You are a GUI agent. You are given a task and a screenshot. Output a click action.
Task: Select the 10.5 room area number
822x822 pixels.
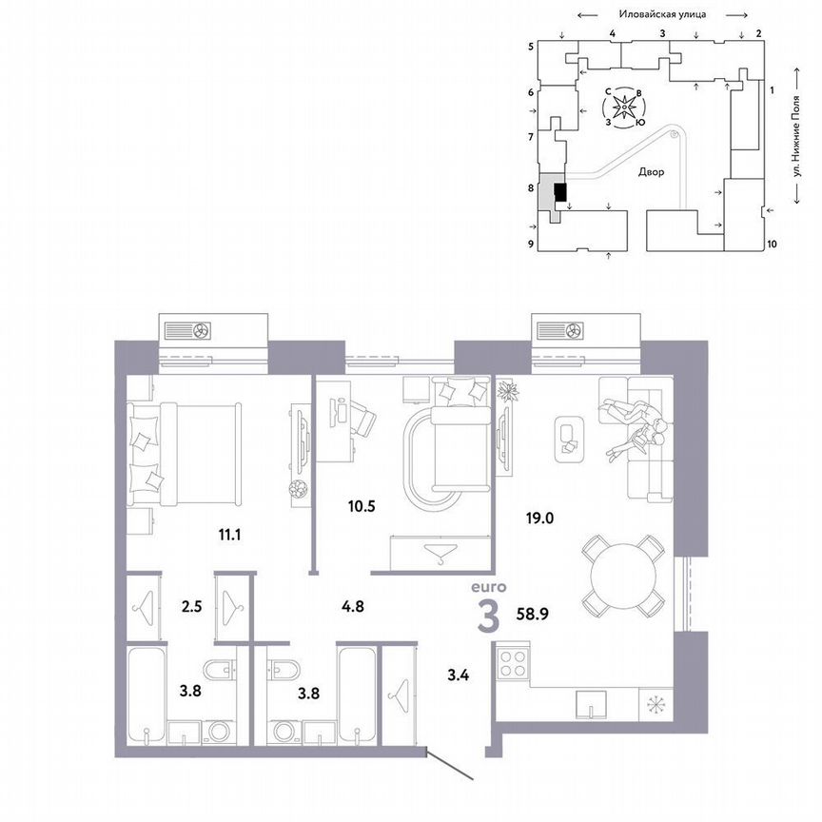pos(360,506)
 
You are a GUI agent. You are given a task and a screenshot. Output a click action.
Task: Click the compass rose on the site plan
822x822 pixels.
pos(623,108)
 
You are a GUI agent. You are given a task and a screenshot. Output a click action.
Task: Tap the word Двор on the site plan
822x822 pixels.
pos(652,173)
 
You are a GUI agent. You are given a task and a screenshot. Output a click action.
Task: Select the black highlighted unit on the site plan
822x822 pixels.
pos(560,193)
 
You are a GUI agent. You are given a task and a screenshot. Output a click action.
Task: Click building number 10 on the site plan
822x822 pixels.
pos(772,244)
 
